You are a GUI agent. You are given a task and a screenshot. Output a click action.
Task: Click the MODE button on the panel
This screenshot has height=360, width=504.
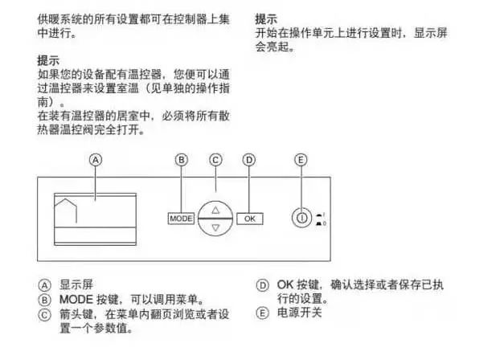(x=181, y=219)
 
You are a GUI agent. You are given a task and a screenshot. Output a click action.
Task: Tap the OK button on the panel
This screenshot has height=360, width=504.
(x=250, y=219)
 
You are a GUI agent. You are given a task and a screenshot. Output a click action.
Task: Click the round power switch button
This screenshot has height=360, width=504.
(x=301, y=218)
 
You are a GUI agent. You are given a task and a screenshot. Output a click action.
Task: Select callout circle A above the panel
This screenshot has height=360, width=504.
(x=96, y=160)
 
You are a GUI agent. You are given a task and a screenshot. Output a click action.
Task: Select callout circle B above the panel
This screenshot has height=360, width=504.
(x=182, y=160)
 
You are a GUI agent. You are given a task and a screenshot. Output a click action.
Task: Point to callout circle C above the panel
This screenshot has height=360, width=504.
(x=215, y=160)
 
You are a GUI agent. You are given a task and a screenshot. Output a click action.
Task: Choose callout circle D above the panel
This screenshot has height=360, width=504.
(x=249, y=160)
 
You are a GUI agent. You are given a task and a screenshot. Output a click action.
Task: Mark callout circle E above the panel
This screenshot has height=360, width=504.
(x=301, y=160)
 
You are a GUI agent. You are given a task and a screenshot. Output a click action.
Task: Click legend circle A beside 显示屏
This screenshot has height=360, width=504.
(x=45, y=285)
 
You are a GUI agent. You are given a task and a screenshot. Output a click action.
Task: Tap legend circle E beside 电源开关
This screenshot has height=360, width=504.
(x=262, y=313)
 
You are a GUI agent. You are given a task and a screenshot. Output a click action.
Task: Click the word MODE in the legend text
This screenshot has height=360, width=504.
(x=76, y=300)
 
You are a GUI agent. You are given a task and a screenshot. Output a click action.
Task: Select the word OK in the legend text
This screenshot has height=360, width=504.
(x=285, y=284)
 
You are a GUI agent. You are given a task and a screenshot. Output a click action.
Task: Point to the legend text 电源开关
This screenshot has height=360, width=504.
(x=300, y=313)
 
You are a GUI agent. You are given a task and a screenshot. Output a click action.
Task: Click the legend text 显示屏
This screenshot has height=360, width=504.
(x=76, y=284)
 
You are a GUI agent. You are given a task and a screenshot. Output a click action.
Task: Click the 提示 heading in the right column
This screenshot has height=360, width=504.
(x=266, y=19)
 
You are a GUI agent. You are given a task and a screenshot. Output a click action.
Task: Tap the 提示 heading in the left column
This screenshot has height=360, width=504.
(x=48, y=60)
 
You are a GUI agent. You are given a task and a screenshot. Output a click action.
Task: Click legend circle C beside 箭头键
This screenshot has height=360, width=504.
(x=45, y=315)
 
